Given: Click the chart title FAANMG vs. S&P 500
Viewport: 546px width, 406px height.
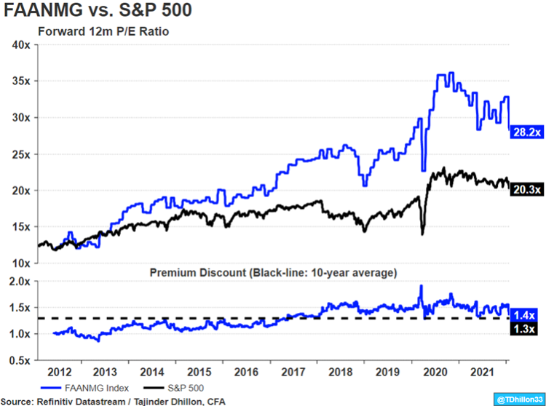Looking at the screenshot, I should [x=99, y=13].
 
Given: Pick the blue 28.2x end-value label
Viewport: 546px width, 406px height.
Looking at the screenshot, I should [x=526, y=132].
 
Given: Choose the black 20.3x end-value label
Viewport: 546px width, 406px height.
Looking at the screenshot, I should [x=526, y=190].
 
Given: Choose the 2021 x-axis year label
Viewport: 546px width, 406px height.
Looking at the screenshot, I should [x=481, y=371].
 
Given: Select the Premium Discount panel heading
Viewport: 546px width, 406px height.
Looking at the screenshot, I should [x=273, y=273].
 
